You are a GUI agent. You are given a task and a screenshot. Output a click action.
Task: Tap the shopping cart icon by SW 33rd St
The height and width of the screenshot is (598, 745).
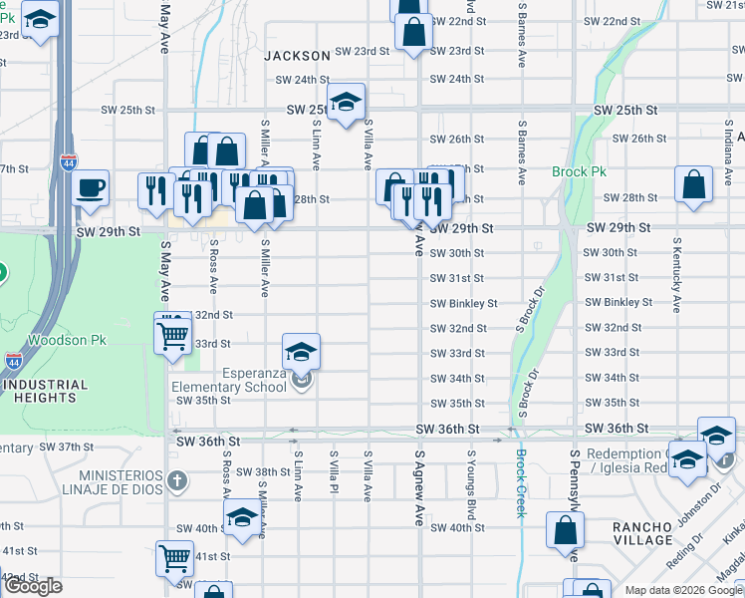tap(173, 335)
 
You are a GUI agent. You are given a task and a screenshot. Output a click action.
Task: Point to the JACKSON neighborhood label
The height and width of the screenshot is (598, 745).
tap(297, 56)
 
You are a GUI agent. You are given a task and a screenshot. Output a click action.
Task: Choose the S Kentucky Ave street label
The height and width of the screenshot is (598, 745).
tap(677, 275)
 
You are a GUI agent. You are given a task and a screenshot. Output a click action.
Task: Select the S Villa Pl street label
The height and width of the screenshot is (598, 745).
tap(334, 475)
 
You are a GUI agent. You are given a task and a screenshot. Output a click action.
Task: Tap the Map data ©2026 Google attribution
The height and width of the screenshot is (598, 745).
tap(682, 590)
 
